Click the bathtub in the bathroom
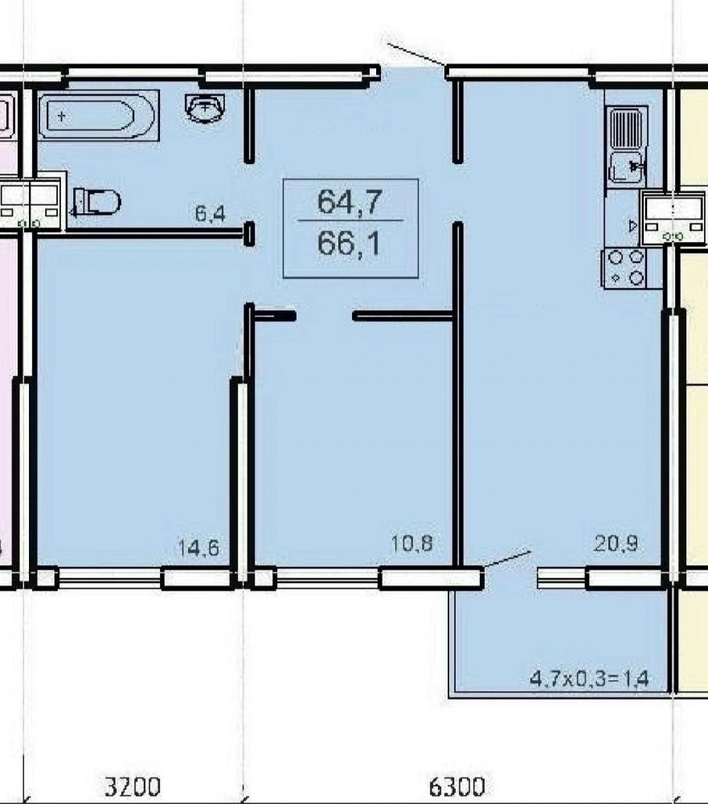[98, 115]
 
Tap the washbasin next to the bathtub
[205, 108]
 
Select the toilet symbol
[96, 202]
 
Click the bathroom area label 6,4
[210, 213]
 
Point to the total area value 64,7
[350, 201]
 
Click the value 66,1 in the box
[350, 243]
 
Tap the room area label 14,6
[198, 548]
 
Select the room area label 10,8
[411, 544]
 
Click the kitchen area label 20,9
[616, 543]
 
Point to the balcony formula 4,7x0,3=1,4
[589, 679]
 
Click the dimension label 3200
[133, 786]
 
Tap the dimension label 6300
[456, 786]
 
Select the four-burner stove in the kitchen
[624, 267]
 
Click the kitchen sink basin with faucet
[627, 166]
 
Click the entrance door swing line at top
[415, 55]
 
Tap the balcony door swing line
[506, 559]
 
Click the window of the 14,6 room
[110, 578]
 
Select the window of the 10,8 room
[328, 578]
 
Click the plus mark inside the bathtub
[62, 117]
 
